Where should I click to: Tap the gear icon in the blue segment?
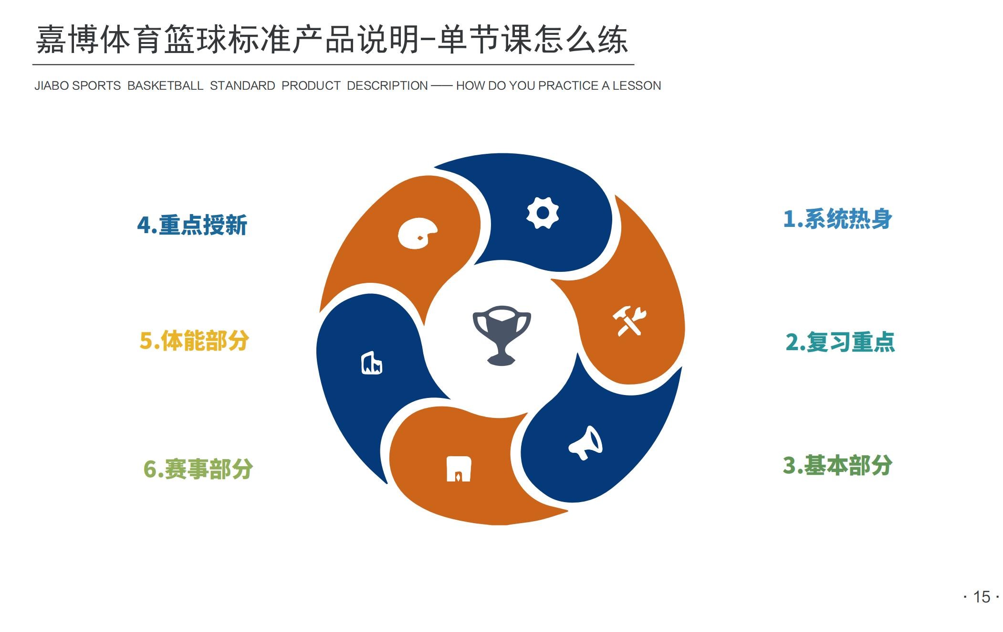[x=543, y=213]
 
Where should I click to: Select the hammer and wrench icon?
[x=629, y=321]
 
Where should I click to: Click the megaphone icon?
[x=585, y=443]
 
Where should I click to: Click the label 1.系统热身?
[x=837, y=219]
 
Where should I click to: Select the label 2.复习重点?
[x=840, y=342]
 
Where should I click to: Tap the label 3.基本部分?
[x=837, y=465]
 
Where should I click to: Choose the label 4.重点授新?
[x=192, y=225]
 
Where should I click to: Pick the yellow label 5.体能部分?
[x=194, y=341]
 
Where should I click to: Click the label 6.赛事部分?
[x=198, y=469]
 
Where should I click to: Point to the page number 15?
[x=982, y=597]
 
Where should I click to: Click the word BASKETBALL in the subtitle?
[x=165, y=86]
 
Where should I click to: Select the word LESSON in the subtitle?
[x=637, y=86]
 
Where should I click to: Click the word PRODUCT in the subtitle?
[x=311, y=86]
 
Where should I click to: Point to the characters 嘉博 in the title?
[x=67, y=40]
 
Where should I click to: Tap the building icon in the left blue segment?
[x=372, y=363]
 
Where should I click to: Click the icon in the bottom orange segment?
[x=459, y=469]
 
